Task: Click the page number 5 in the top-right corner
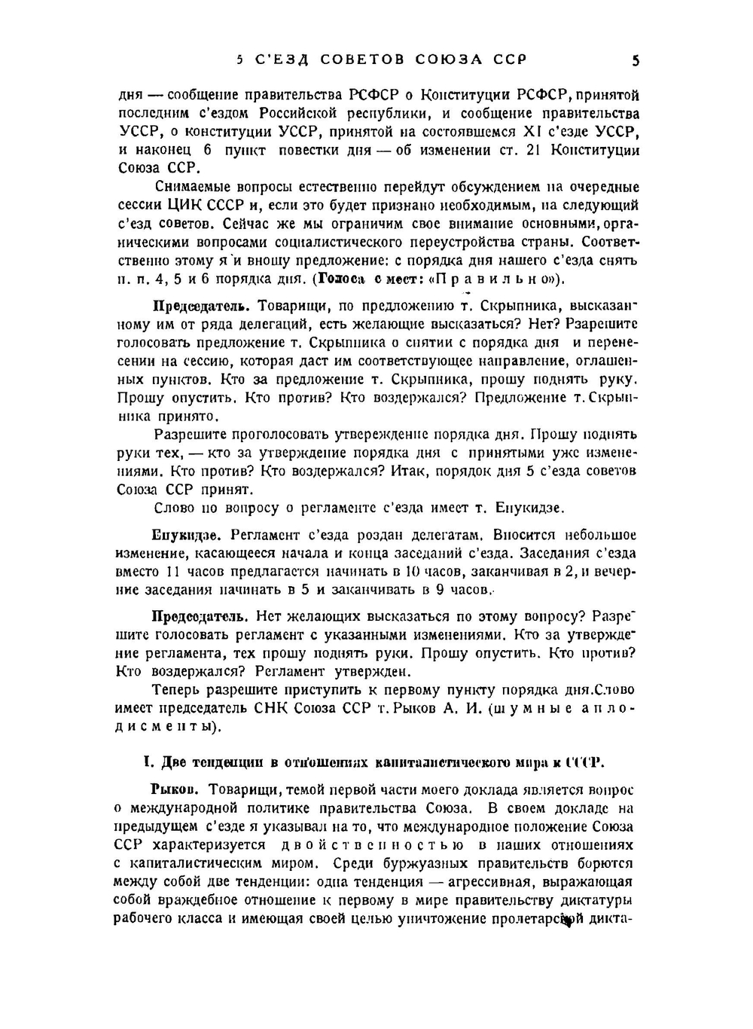click(x=636, y=60)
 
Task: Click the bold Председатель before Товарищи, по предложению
click(x=201, y=306)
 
